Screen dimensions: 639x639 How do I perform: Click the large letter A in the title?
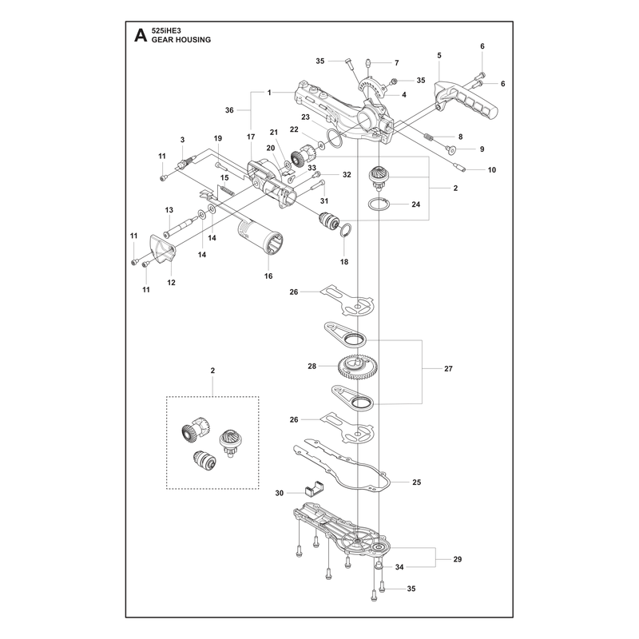(141, 35)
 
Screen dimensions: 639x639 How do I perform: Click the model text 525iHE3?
(166, 30)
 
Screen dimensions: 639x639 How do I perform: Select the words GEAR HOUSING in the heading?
(181, 39)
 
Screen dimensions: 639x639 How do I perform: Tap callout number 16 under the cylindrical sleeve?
(268, 276)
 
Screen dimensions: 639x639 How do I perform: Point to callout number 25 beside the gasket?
(416, 482)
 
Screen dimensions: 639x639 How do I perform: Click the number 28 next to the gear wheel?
(312, 367)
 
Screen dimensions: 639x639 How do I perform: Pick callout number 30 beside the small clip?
(279, 493)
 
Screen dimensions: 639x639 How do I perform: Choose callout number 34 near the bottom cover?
(399, 567)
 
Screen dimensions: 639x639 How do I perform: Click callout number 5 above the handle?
(439, 55)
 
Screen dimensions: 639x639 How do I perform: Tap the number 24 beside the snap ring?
(415, 204)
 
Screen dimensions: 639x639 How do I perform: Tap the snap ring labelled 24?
(378, 204)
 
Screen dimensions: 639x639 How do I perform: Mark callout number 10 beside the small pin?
(492, 170)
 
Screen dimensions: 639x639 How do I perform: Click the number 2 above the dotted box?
(212, 371)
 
